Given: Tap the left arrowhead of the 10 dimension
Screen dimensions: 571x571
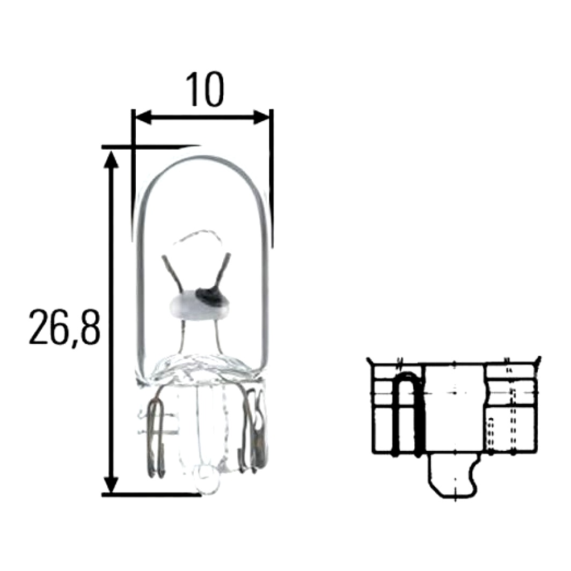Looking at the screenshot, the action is click(142, 117).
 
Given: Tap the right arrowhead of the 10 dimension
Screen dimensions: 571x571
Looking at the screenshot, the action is click(262, 117).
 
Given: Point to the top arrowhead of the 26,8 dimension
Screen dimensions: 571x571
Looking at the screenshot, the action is click(111, 159).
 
